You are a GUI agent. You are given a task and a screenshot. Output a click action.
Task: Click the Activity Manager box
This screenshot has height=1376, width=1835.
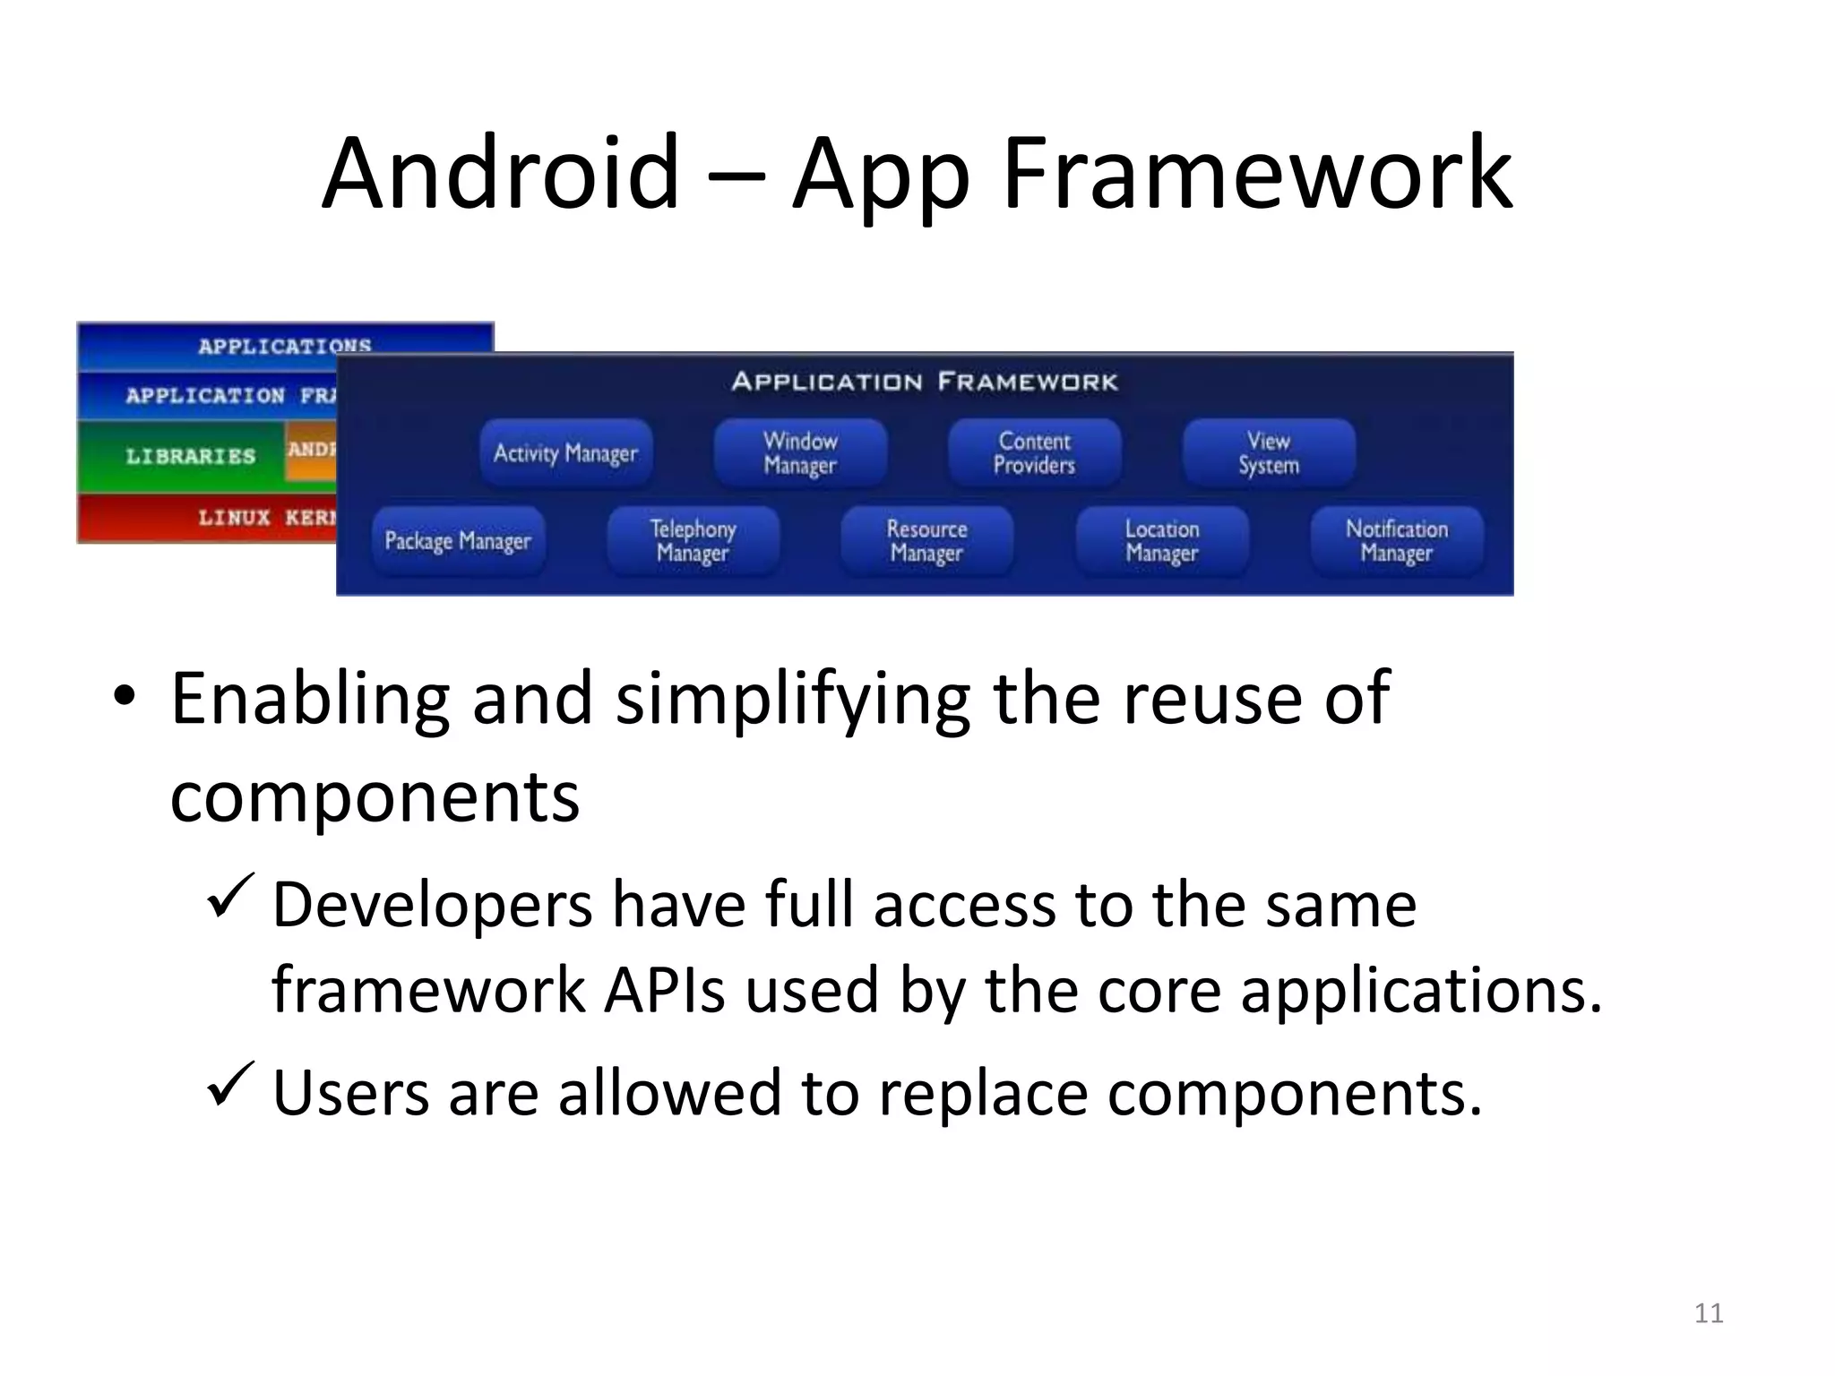tap(565, 453)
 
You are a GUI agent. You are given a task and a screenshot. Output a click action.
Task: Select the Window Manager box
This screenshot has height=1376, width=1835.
tap(800, 453)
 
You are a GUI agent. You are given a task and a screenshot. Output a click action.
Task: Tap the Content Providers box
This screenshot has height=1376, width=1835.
tap(1034, 453)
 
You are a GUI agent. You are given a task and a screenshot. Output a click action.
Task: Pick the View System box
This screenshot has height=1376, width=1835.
tap(1269, 453)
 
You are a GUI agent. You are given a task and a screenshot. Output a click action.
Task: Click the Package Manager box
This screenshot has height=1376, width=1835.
tap(458, 541)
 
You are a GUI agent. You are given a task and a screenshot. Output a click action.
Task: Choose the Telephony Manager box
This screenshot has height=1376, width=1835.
tap(693, 541)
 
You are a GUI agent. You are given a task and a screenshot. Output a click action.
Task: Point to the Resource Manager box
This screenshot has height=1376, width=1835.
tap(926, 541)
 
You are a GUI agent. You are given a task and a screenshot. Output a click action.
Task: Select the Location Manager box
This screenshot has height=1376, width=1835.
tap(1162, 541)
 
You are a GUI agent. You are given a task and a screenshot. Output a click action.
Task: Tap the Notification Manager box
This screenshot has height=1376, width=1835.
tap(1397, 541)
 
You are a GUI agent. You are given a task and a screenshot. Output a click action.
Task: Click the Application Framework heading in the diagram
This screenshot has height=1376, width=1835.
tap(925, 383)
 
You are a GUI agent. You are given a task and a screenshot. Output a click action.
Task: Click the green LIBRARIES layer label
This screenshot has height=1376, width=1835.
tap(190, 457)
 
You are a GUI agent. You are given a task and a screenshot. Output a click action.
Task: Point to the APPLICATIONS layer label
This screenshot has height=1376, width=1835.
tap(284, 346)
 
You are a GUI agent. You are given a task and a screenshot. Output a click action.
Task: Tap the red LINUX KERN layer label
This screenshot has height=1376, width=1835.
tap(266, 518)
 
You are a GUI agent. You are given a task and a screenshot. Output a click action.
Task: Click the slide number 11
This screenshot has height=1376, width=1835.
tap(1709, 1313)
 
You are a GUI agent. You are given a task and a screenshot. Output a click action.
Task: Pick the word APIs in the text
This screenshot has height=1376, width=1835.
tap(664, 991)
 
